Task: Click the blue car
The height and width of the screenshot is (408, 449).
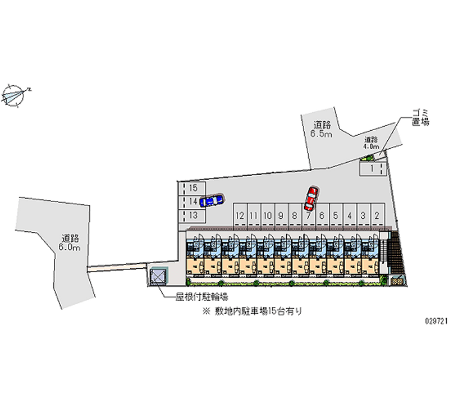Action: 211,200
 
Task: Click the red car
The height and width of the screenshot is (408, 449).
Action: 310,196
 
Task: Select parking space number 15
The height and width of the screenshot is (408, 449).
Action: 193,188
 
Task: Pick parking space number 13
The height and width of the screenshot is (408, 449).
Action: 193,215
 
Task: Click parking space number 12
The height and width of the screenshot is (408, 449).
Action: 240,215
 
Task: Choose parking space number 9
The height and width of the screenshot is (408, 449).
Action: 281,215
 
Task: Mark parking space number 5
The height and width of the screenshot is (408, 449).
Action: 335,215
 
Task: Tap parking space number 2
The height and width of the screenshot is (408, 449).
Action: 377,215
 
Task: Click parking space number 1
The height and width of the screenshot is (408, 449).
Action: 372,168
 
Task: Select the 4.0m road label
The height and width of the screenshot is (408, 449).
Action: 370,143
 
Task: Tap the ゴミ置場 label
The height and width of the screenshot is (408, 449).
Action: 420,117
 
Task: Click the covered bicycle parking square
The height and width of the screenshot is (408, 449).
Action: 158,276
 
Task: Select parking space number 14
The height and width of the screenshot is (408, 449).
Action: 193,201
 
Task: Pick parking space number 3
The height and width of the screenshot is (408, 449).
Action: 363,215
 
